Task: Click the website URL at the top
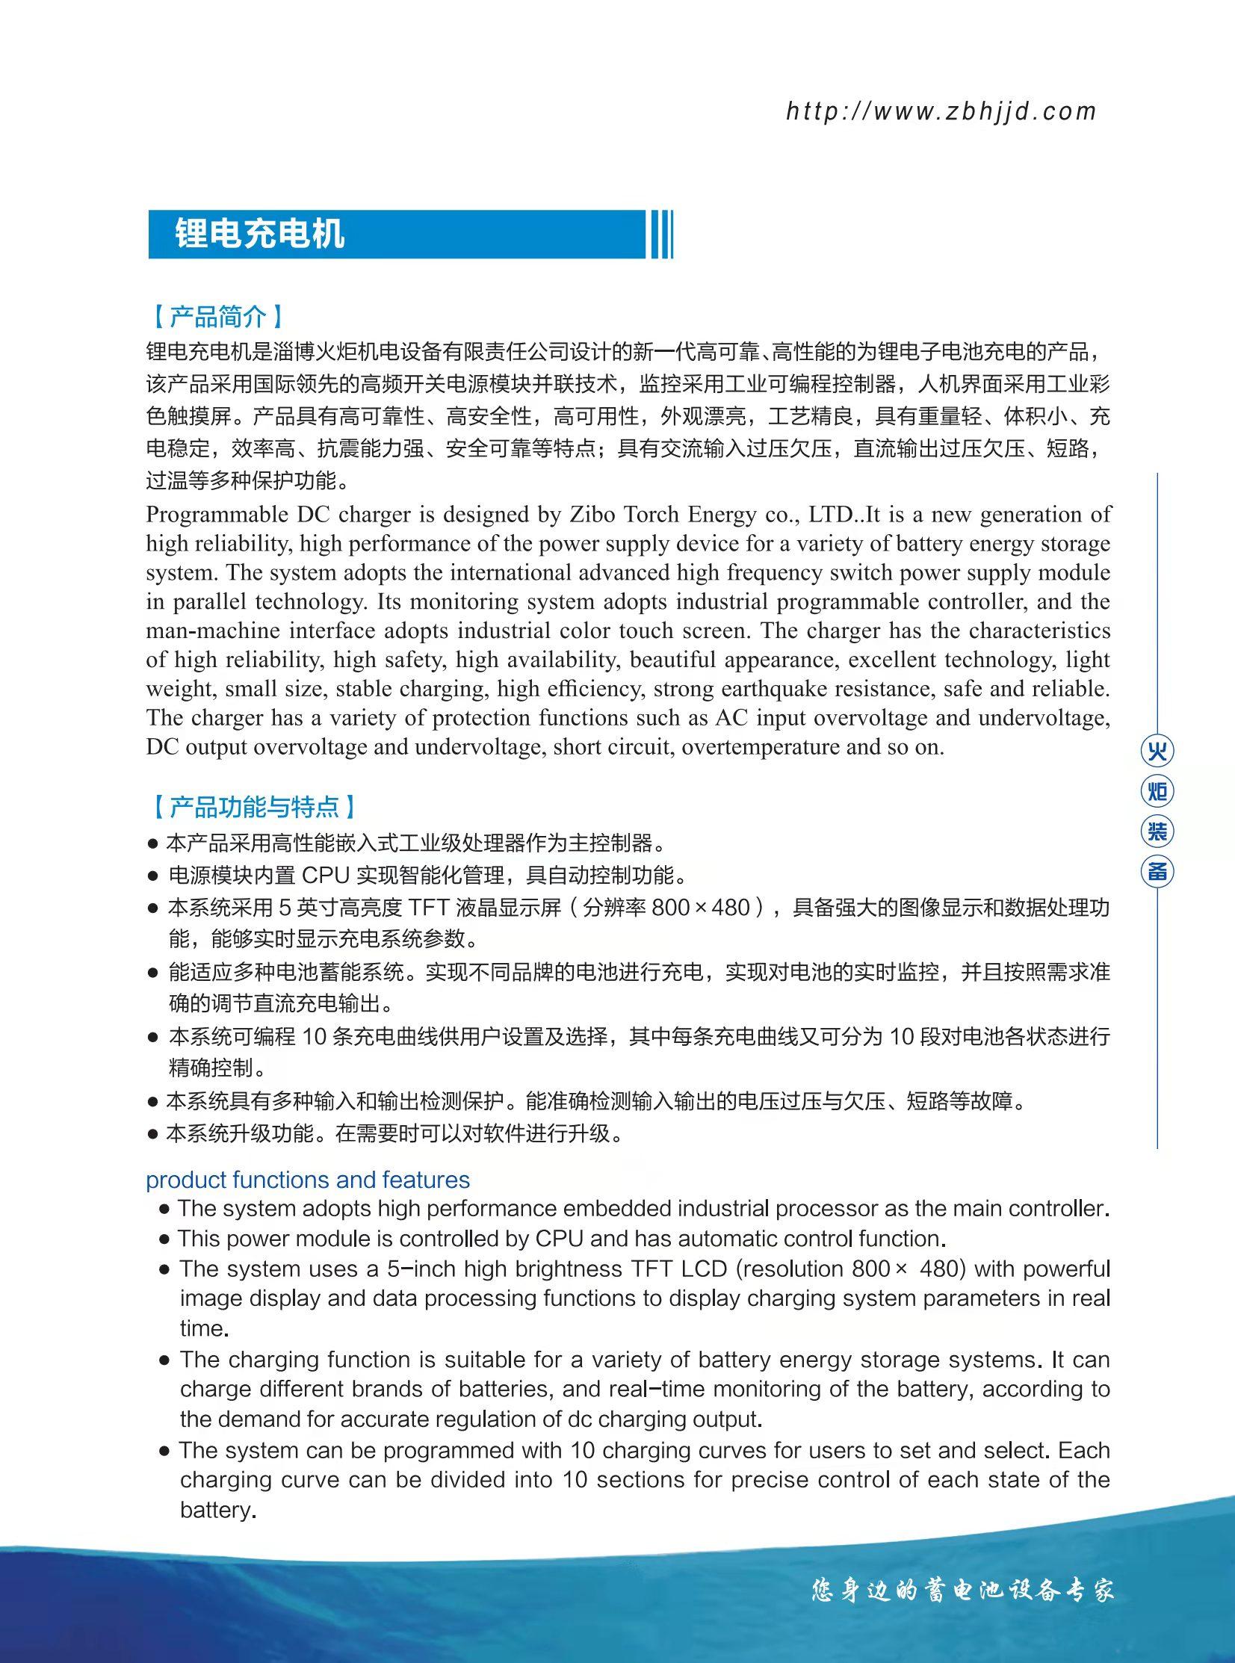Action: coord(941,111)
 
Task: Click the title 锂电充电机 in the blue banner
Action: coord(259,234)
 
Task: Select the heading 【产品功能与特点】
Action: coord(254,806)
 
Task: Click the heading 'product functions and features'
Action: coord(307,1180)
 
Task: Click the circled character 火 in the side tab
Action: coord(1157,751)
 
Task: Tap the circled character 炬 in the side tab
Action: coord(1157,790)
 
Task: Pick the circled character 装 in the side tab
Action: coord(1157,831)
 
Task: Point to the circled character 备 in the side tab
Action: coord(1157,872)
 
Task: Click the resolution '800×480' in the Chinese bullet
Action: coord(701,908)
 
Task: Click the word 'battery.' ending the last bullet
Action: coord(218,1510)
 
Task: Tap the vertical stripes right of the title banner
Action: coord(662,234)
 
